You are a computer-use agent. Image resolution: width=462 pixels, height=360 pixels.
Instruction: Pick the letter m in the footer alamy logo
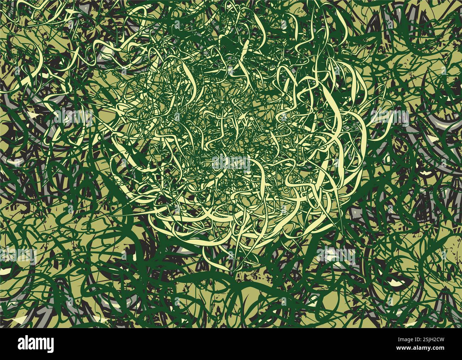tap(40, 344)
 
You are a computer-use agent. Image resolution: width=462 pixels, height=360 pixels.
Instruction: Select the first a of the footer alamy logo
tap(22, 344)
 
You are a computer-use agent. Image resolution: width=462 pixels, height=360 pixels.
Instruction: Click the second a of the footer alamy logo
tap(32, 344)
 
